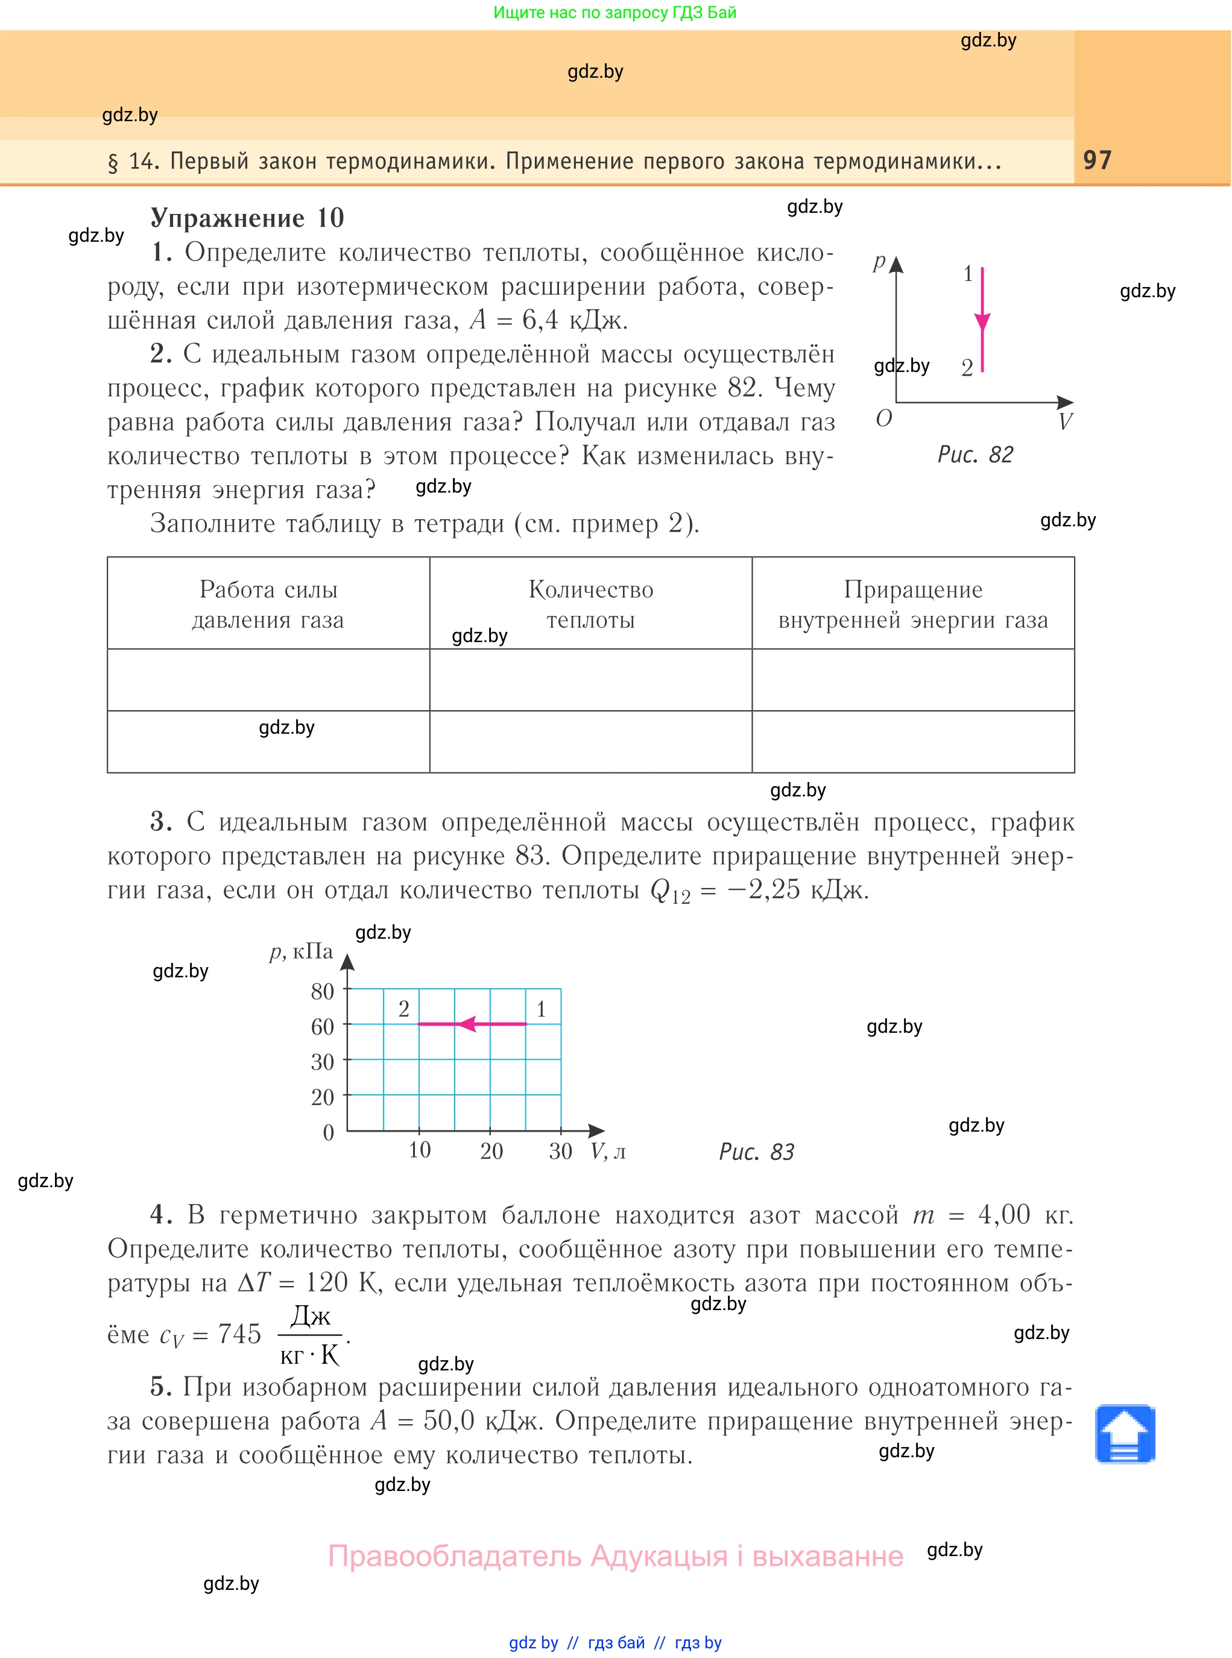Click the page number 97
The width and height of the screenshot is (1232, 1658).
(x=1097, y=160)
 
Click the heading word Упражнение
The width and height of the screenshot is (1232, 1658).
(x=227, y=218)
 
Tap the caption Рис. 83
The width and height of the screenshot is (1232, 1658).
(x=756, y=1152)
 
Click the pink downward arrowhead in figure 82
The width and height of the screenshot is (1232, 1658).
(x=982, y=322)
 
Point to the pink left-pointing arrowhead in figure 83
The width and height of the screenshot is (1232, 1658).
(x=467, y=1024)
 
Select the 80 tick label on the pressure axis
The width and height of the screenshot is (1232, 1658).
(x=322, y=992)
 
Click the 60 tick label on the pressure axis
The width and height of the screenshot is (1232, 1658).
(x=322, y=1027)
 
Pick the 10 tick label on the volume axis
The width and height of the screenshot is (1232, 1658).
(x=419, y=1150)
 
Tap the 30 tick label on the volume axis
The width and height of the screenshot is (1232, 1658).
(x=560, y=1151)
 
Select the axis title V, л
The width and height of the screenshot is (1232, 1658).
(x=608, y=1152)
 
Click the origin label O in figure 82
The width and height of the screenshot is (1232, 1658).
(x=883, y=419)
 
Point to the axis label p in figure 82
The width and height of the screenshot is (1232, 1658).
(x=879, y=261)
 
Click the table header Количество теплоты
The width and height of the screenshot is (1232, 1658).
(x=590, y=605)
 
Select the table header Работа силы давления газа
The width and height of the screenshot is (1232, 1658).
(x=268, y=605)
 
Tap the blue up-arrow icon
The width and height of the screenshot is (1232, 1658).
(x=1125, y=1434)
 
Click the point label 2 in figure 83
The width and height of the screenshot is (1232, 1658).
(x=403, y=1009)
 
